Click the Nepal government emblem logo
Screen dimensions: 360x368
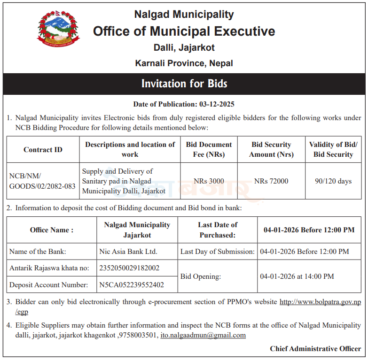pos(58,28)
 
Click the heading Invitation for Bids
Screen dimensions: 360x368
pos(184,84)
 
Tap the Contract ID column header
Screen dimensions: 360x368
pos(43,150)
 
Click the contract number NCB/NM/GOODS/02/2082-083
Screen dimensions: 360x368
pos(42,181)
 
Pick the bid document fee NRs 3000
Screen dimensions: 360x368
pos(209,181)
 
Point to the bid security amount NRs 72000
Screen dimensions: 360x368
pos(271,181)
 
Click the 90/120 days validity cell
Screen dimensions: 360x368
pos(333,181)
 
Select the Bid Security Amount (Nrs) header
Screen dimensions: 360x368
pos(271,150)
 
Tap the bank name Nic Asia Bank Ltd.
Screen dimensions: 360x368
pos(128,252)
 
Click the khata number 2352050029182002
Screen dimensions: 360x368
pos(129,268)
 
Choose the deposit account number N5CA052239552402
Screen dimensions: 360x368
pos(132,284)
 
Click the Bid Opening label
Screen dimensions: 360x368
pos(200,276)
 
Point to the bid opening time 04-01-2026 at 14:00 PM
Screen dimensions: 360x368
pos(297,276)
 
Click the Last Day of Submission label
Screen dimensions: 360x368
pos(218,252)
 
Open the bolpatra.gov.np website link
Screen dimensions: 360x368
pos(320,302)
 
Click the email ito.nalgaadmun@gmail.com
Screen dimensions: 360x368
pos(203,335)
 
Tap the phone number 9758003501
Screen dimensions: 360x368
pos(139,335)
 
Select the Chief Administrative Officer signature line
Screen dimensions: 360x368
pos(315,349)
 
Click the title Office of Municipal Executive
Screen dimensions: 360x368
pos(184,31)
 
